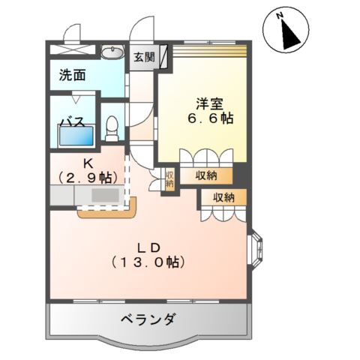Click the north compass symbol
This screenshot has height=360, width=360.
pyautogui.click(x=286, y=31)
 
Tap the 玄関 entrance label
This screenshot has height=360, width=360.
pyautogui.click(x=145, y=56)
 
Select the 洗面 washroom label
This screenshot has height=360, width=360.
pyautogui.click(x=73, y=75)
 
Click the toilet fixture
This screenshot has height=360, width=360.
pyautogui.click(x=113, y=128)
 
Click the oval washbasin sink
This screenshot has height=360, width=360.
pyautogui.click(x=112, y=52)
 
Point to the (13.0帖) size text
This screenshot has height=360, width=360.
pyautogui.click(x=147, y=262)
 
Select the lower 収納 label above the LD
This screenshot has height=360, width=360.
pyautogui.click(x=223, y=197)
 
